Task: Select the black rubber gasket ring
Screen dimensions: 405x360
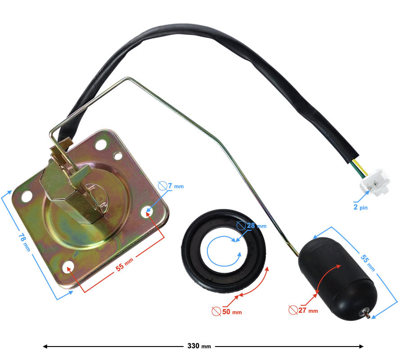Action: [x=224, y=251]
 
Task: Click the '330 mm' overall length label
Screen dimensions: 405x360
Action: [x=199, y=346]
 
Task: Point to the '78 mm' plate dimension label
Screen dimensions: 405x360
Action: [x=25, y=242]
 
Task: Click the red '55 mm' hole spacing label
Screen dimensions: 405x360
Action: [x=125, y=265]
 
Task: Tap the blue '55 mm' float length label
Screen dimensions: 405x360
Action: [x=368, y=263]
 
